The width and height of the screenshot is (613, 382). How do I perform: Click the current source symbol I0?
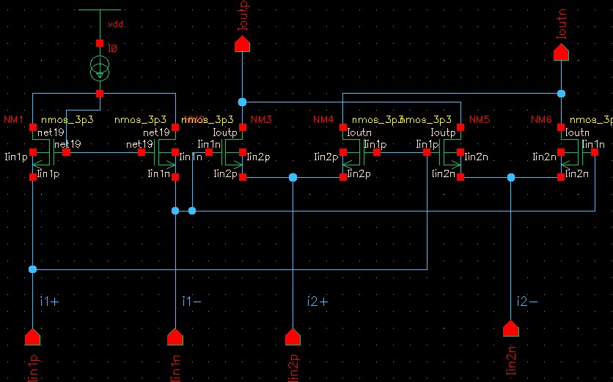coord(100,70)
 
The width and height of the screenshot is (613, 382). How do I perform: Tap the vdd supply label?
coord(116,24)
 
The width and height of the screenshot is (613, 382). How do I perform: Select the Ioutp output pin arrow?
coord(242,45)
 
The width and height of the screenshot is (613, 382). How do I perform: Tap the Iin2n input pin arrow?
coord(510,329)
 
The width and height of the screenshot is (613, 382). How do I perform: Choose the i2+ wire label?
coord(317,301)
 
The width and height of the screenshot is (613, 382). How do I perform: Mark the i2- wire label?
coord(527,301)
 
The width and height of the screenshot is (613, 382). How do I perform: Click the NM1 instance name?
coord(14,119)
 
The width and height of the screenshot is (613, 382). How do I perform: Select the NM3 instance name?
coord(261,119)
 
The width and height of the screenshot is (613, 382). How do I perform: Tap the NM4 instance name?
coord(323,119)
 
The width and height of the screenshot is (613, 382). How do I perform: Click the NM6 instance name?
coord(542,119)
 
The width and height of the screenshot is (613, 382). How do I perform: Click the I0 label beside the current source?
coord(112,48)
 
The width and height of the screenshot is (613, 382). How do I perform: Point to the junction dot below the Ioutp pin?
coord(242,101)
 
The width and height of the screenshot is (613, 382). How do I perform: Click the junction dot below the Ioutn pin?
coord(561,94)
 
